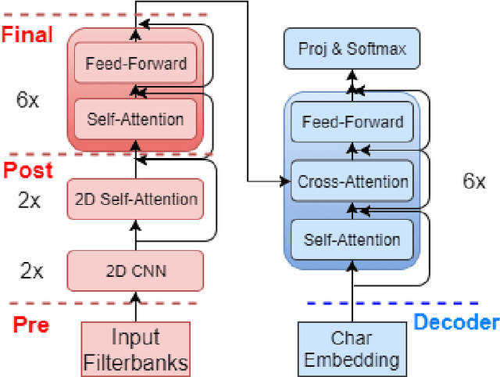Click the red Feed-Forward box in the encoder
click(136, 63)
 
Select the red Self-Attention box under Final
click(136, 119)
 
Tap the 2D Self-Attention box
click(136, 199)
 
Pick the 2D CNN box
click(136, 271)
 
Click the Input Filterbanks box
click(136, 350)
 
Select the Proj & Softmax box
click(352, 50)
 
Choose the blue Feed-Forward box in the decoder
click(352, 122)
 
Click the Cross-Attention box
click(352, 182)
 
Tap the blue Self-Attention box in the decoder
click(352, 239)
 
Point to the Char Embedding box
click(352, 350)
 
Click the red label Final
click(27, 34)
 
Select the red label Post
click(27, 170)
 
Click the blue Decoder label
click(455, 321)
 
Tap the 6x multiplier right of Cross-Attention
click(473, 181)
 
